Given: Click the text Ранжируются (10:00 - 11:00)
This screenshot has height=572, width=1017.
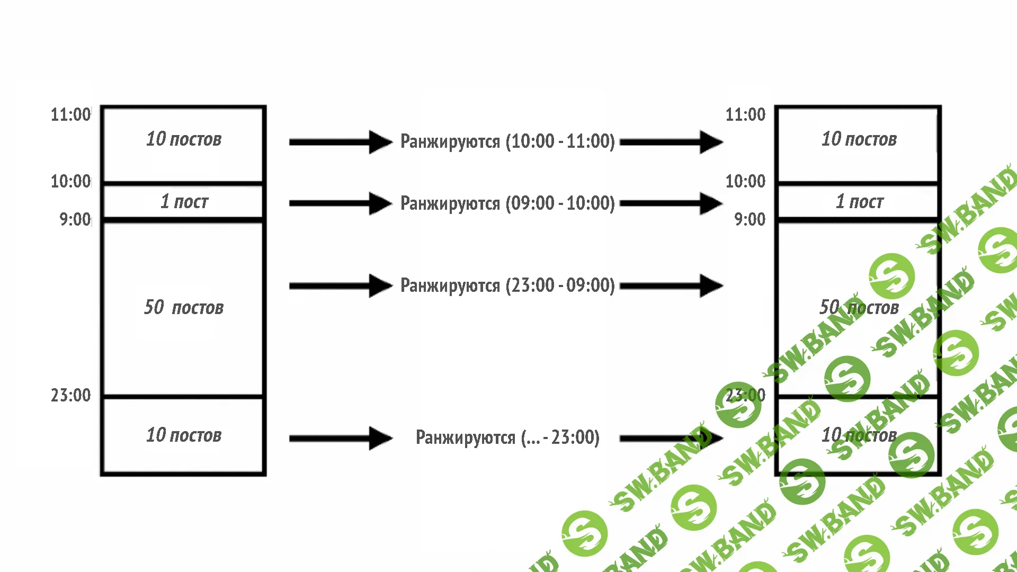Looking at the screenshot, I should tap(507, 141).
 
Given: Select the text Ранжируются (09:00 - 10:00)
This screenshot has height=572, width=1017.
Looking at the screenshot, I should tap(507, 203).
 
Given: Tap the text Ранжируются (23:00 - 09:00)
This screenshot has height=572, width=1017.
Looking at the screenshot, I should tap(507, 285).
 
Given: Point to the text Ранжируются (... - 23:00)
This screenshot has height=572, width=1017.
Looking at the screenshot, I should tap(507, 437).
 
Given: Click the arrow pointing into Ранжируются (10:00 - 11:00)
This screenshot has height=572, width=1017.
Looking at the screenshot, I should tap(341, 142).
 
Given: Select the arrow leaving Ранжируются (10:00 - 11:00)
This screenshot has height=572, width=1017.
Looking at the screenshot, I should tap(671, 142).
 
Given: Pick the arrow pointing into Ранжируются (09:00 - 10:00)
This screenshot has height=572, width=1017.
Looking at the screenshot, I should tap(341, 203).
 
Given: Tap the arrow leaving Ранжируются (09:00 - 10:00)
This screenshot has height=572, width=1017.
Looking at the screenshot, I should tap(671, 203).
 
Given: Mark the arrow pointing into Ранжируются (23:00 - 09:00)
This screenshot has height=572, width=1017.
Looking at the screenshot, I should tap(341, 286).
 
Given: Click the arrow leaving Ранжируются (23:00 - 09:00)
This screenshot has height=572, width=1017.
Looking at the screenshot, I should tap(671, 286).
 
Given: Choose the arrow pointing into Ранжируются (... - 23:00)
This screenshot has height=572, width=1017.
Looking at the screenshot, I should tap(341, 438).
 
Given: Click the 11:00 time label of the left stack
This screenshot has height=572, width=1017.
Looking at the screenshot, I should tap(70, 114).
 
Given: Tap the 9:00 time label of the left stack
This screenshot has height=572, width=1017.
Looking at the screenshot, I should tap(75, 219).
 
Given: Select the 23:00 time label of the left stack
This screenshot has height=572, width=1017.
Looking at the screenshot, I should tap(70, 395).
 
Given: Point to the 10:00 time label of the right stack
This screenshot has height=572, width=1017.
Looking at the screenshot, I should tap(745, 181).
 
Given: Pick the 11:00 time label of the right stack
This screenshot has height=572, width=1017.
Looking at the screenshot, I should tap(745, 114).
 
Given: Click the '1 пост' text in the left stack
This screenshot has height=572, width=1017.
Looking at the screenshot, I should tap(184, 202).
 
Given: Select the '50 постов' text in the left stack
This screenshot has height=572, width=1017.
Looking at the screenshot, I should tap(184, 307).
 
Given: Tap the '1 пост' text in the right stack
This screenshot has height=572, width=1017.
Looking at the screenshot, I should tap(859, 202).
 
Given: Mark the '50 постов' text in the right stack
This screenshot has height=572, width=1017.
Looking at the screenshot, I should tap(859, 307).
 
